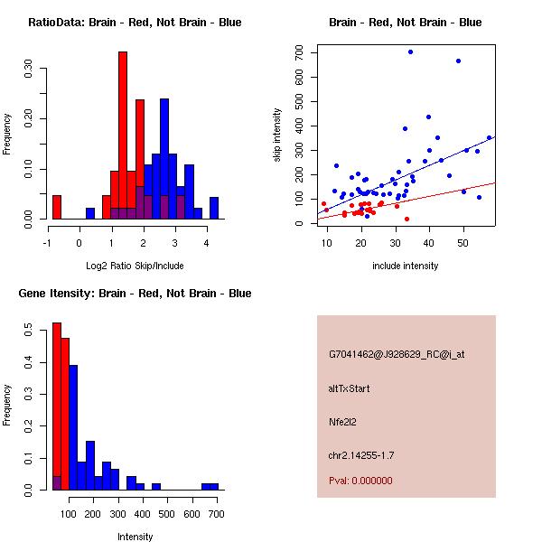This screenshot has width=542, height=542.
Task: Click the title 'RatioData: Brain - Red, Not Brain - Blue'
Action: pyautogui.click(x=135, y=23)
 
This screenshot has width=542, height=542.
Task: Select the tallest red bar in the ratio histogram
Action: pyautogui.click(x=123, y=135)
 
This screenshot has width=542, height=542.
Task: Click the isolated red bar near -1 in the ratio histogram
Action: pyautogui.click(x=57, y=207)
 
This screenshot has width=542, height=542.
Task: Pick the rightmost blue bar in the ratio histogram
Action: pyautogui.click(x=214, y=208)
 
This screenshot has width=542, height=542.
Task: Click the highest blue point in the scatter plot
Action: pyautogui.click(x=410, y=52)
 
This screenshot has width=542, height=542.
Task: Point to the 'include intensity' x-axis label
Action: pyautogui.click(x=406, y=266)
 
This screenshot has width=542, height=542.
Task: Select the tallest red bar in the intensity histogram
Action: pyautogui.click(x=56, y=406)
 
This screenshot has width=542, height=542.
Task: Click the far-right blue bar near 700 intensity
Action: pyautogui.click(x=210, y=487)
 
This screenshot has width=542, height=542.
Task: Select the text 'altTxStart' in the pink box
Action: pyautogui.click(x=350, y=388)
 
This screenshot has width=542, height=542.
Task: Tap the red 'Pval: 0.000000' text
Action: pyautogui.click(x=360, y=481)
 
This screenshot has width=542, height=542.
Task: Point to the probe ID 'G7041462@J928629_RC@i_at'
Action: pyautogui.click(x=397, y=355)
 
